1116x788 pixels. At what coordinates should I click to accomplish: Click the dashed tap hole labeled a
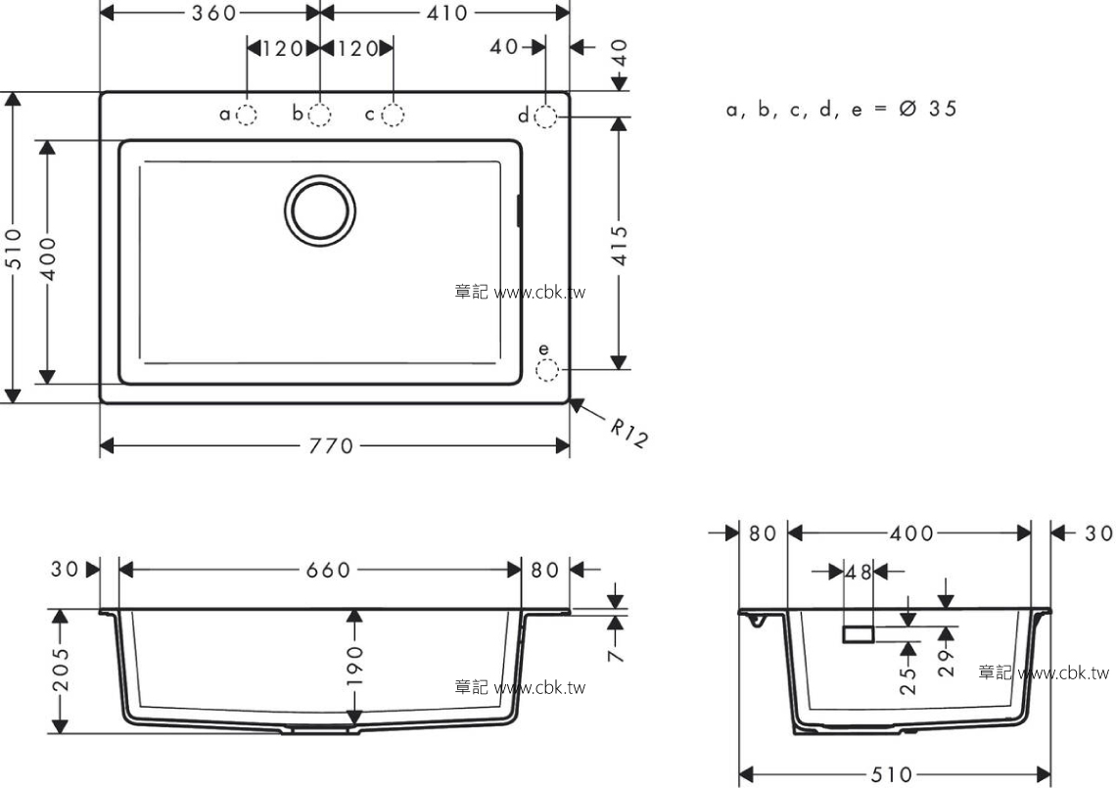[x=247, y=115]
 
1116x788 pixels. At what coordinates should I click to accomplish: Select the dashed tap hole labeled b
[x=319, y=115]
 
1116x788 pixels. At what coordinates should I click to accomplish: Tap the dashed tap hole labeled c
[x=393, y=115]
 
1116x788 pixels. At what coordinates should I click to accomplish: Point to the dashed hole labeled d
[x=545, y=116]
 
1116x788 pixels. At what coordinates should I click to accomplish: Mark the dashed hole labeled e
[x=546, y=370]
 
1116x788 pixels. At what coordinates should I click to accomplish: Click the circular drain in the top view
[x=320, y=210]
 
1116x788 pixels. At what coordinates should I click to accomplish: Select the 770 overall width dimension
[x=331, y=446]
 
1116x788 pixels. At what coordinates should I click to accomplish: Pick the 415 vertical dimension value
[x=620, y=246]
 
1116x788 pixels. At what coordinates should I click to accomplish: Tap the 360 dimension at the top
[x=213, y=13]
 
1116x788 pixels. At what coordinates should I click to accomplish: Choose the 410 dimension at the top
[x=447, y=13]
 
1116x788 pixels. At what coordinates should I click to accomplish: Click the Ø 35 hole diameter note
[x=928, y=109]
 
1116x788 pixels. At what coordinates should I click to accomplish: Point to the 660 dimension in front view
[x=328, y=570]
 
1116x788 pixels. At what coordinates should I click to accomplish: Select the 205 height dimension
[x=62, y=670]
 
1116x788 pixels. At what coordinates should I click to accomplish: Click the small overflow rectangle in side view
[x=859, y=634]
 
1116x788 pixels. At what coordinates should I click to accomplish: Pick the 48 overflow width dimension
[x=859, y=572]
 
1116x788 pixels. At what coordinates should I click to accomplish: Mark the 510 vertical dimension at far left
[x=14, y=249]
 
